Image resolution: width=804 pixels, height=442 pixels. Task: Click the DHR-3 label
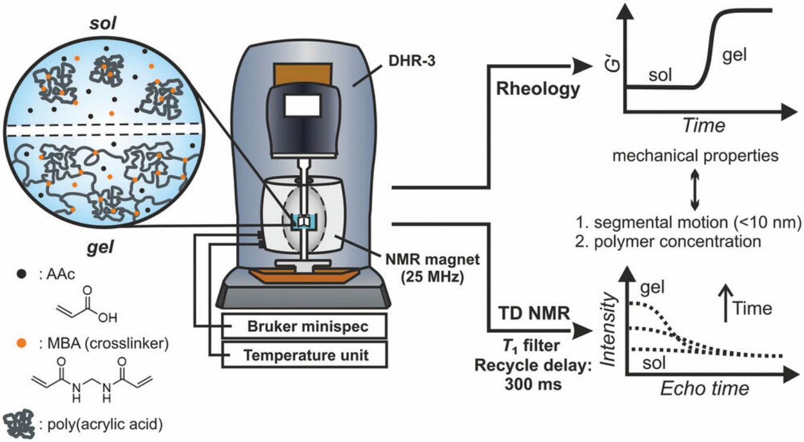click(x=412, y=61)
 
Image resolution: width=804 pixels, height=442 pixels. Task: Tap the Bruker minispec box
click(x=304, y=326)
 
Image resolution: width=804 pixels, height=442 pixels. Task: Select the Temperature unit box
click(x=304, y=355)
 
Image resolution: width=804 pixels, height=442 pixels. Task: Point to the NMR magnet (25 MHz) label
click(x=432, y=268)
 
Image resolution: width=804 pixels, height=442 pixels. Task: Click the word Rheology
click(x=538, y=89)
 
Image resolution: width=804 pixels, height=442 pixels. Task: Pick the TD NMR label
click(x=534, y=313)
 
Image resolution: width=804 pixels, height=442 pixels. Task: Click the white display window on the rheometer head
click(x=302, y=106)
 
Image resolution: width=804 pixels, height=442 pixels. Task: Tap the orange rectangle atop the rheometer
click(x=302, y=74)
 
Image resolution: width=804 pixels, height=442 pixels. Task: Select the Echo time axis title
click(x=704, y=388)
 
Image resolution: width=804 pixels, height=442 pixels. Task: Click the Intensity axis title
click(x=608, y=330)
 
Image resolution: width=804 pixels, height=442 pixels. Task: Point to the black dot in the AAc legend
click(x=22, y=274)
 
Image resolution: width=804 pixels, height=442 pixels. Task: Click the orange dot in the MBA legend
click(x=22, y=343)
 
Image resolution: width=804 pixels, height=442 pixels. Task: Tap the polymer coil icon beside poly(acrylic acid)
click(x=19, y=424)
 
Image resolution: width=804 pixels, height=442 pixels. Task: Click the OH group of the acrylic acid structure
click(x=107, y=317)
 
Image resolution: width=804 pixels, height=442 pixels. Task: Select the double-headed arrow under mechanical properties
click(x=695, y=189)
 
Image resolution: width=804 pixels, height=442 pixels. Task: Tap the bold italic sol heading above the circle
click(x=103, y=23)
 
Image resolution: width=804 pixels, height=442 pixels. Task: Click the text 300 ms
click(x=533, y=384)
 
